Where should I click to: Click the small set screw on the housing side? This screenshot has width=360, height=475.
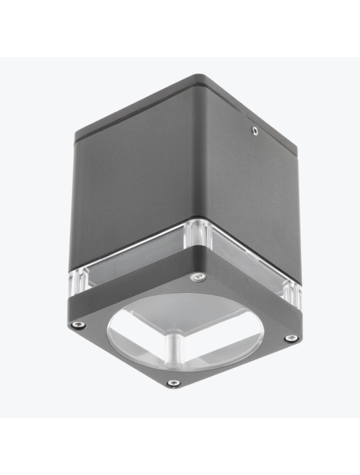click(255, 131)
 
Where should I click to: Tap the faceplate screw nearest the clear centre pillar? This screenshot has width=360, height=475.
click(198, 278)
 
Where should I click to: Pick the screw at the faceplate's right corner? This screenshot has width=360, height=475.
click(291, 338)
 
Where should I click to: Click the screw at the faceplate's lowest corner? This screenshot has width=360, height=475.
click(174, 383)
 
